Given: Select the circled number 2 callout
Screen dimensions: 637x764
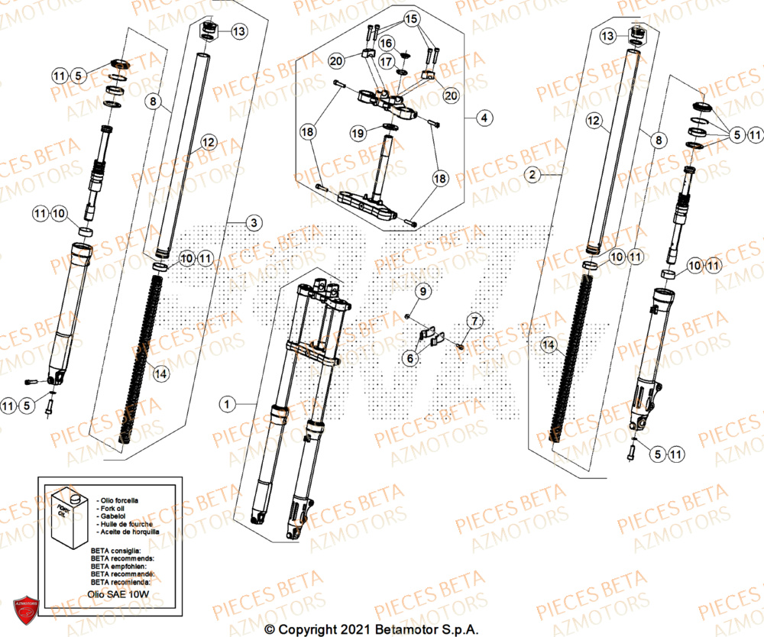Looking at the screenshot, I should (x=555, y=174).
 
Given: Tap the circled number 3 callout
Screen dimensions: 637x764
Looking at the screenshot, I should (x=254, y=222).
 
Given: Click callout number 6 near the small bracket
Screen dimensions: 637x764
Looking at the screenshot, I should (x=411, y=357).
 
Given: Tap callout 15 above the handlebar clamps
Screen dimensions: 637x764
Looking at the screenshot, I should (x=410, y=18).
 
